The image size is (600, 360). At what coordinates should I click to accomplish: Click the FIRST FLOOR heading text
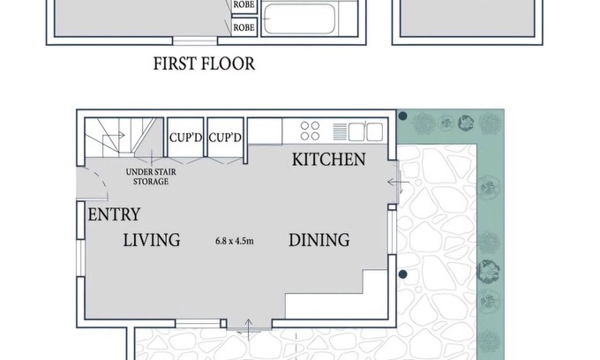click(204, 64)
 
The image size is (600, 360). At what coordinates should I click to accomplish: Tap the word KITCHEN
click(329, 159)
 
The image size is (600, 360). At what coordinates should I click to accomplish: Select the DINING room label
click(319, 240)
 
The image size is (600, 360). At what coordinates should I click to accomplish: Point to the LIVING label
click(152, 240)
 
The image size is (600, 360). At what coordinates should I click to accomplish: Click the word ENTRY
click(114, 214)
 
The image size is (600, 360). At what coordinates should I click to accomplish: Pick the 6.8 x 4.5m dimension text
click(234, 241)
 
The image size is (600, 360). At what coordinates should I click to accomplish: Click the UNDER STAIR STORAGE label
click(151, 176)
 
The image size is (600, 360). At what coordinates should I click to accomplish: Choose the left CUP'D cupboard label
click(185, 138)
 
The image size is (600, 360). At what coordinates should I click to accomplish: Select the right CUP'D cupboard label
click(225, 138)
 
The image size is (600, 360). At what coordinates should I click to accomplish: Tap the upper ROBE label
click(244, 5)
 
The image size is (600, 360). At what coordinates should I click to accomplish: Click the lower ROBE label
click(244, 27)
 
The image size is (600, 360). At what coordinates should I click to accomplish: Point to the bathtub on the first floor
click(299, 19)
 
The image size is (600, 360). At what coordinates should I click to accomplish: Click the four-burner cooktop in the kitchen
click(310, 131)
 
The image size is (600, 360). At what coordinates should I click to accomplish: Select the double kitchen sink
click(365, 131)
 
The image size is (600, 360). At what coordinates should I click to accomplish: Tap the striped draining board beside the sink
click(340, 131)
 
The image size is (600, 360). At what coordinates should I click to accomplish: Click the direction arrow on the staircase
click(114, 135)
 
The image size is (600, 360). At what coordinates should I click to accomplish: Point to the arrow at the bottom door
click(248, 329)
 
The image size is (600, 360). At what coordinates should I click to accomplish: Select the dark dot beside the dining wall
click(402, 274)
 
